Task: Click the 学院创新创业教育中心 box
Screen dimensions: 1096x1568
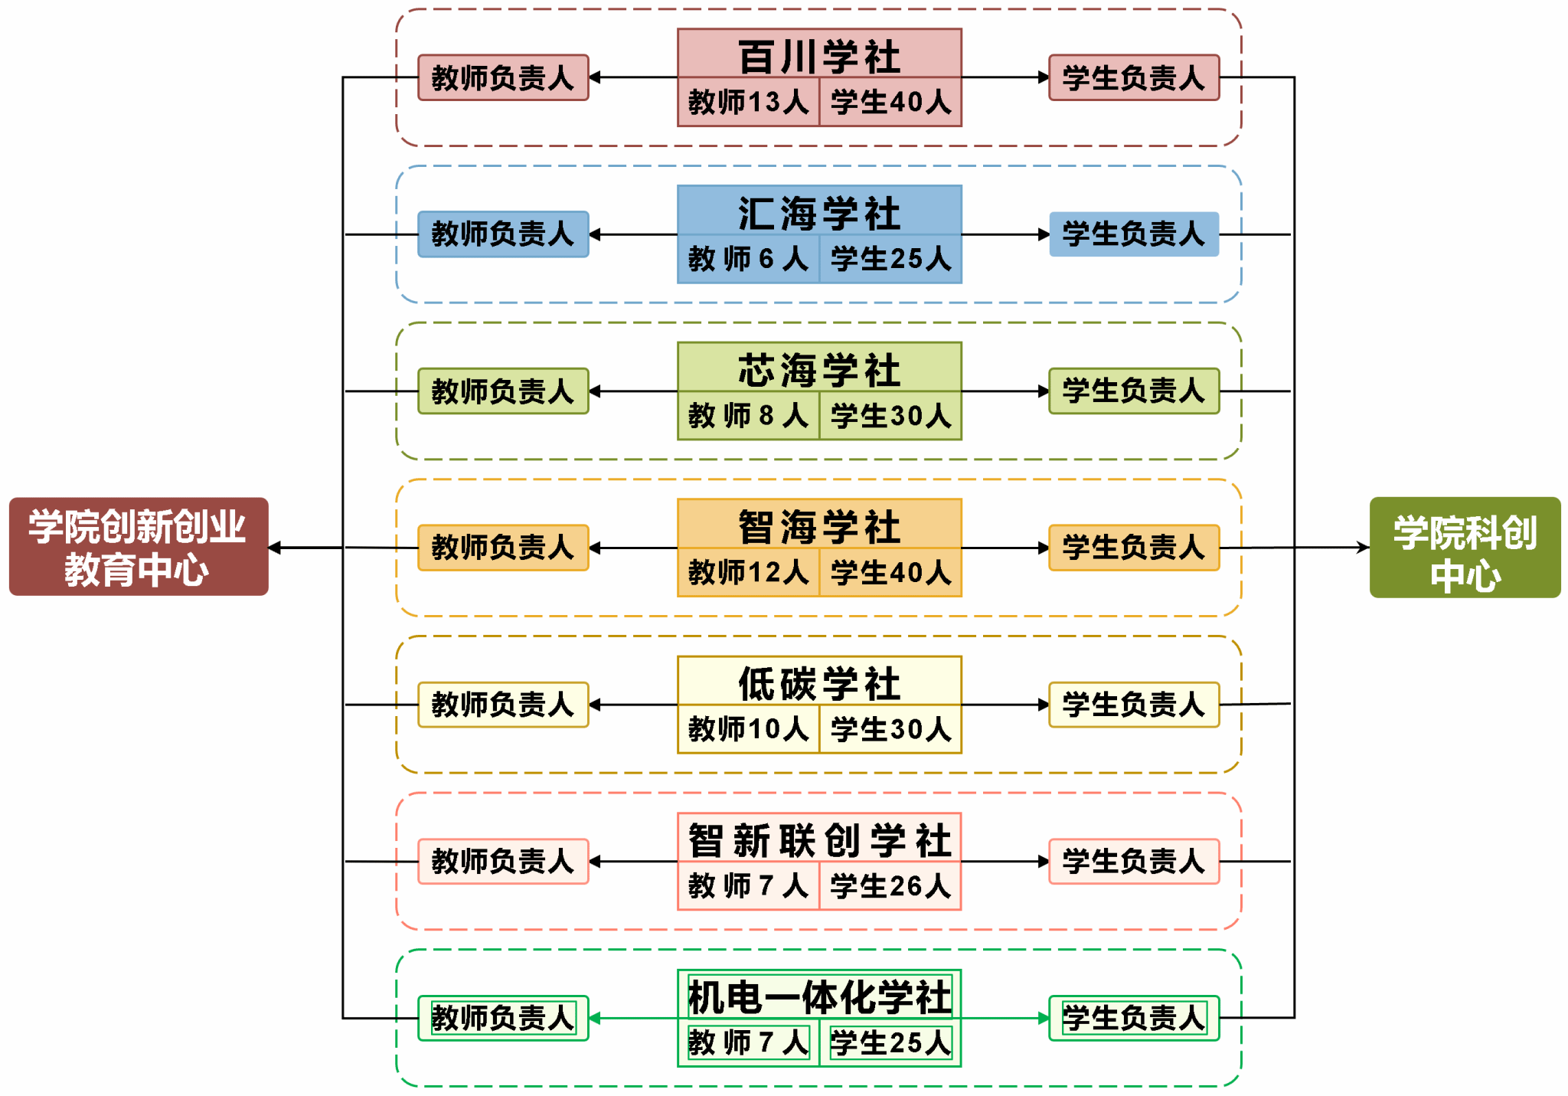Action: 139,547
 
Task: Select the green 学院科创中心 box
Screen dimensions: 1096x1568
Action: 1465,547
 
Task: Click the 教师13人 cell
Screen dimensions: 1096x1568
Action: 748,102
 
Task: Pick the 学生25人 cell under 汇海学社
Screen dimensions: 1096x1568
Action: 890,259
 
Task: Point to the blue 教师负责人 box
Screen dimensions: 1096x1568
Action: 503,234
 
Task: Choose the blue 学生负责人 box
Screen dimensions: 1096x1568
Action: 1134,234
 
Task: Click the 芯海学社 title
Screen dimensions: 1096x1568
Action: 819,369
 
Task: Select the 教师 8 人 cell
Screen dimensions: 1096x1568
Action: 748,416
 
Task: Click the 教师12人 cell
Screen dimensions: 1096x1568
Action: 748,572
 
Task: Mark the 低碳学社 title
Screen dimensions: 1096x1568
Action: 819,682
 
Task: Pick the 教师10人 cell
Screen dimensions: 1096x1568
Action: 748,729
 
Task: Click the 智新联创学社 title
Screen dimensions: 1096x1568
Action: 819,839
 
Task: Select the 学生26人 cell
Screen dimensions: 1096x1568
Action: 890,886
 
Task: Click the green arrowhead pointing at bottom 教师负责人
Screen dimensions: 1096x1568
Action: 595,1018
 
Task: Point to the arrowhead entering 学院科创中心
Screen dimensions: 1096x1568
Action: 1364,547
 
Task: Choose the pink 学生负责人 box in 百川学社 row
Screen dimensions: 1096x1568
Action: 1134,77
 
